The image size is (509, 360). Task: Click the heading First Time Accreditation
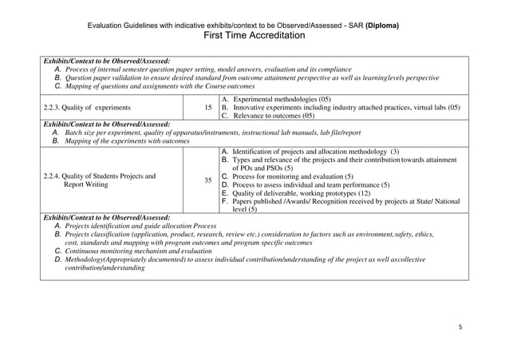click(254, 36)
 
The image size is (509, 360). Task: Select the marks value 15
click(207, 107)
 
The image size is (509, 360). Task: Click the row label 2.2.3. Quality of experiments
click(89, 107)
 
